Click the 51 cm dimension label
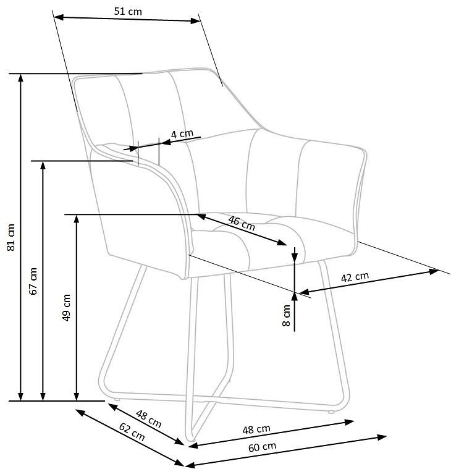coord(128,11)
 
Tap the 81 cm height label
coord(11,237)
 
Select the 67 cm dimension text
coord(33,281)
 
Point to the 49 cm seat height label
coord(66,308)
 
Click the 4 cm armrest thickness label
coord(182,133)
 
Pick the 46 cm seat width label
coord(242,223)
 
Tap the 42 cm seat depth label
coord(355,277)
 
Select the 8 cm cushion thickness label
coord(287,315)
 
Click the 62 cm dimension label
coord(132,432)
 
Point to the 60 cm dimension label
coord(263,447)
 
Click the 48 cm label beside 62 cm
coord(149,419)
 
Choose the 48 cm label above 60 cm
coord(256,429)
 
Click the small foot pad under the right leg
coord(331,412)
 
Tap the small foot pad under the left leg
coord(117,399)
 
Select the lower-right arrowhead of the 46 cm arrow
coord(282,242)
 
